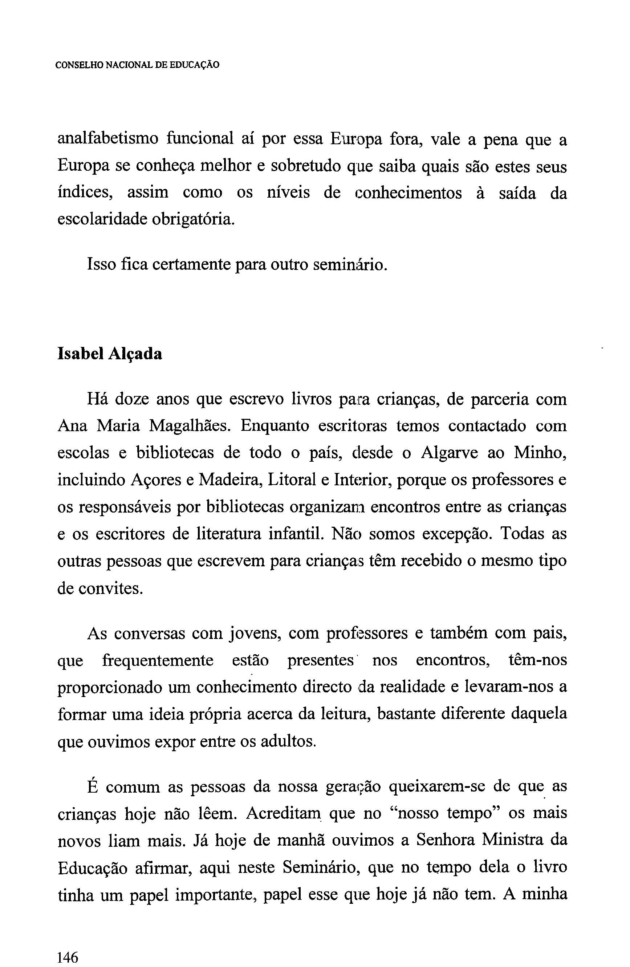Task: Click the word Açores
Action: click(155, 480)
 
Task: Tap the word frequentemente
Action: click(158, 660)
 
